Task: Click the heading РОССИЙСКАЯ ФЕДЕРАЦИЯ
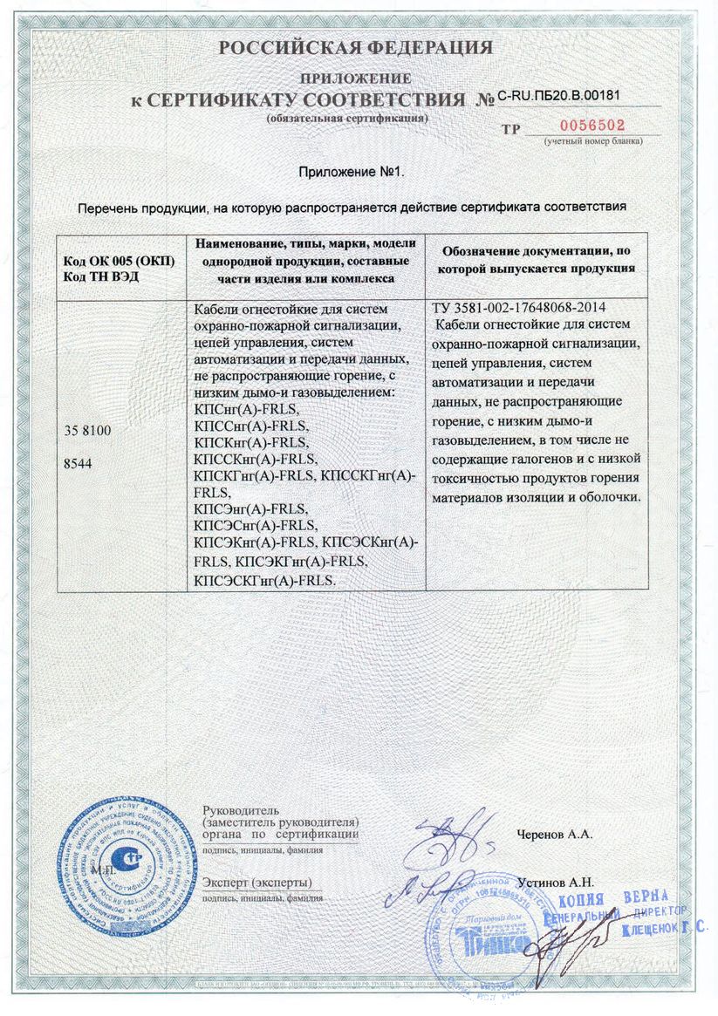[x=355, y=46]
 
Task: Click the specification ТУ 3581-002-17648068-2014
[x=519, y=310]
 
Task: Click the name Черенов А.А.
[x=555, y=834]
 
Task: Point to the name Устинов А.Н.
[x=555, y=883]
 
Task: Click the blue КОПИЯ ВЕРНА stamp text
[x=625, y=898]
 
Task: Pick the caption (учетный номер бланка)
[x=593, y=140]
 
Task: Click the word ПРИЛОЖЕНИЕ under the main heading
[x=356, y=78]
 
